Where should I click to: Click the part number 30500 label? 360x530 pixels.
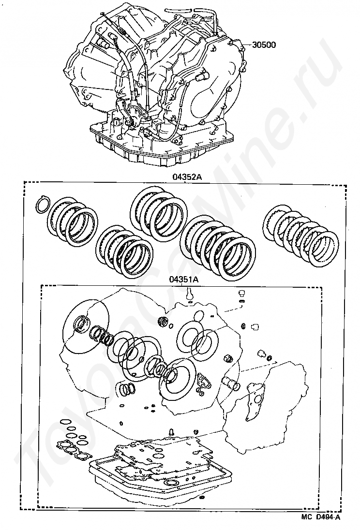(x=264, y=45)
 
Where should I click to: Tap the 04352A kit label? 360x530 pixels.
(x=185, y=177)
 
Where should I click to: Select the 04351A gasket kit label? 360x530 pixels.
(x=184, y=280)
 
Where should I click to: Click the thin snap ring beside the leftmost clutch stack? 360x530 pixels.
(x=43, y=205)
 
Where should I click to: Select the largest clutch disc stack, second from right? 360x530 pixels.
(x=218, y=243)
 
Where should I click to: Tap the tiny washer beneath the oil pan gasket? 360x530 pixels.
(x=202, y=498)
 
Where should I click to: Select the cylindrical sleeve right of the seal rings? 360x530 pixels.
(x=231, y=384)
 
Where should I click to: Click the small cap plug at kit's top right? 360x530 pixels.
(x=241, y=293)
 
